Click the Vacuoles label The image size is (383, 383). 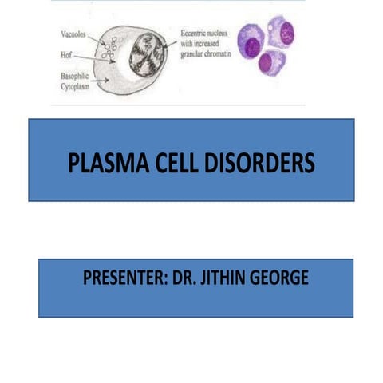[x=74, y=35]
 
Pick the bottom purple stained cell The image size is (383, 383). [x=271, y=62]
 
